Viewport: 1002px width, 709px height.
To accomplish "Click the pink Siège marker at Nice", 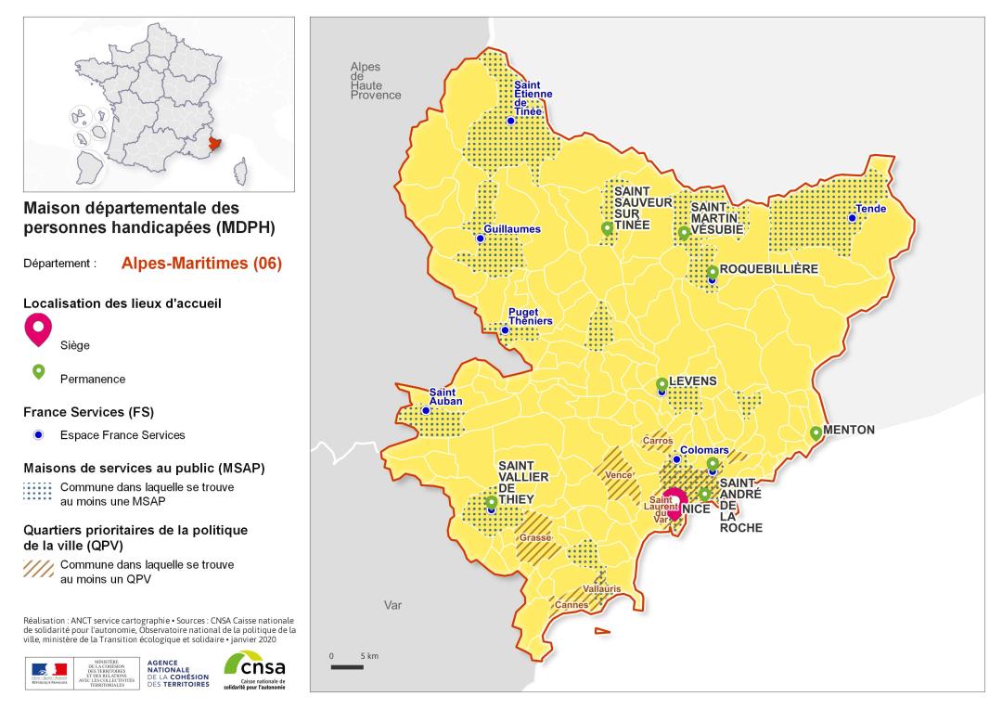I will [x=674, y=502].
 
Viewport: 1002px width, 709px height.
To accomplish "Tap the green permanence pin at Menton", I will [x=816, y=432].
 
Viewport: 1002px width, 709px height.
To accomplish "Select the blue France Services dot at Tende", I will [x=851, y=218].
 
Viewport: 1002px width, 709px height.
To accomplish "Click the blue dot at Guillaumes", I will [x=480, y=238].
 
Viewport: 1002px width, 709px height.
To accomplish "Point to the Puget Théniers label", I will [x=531, y=316].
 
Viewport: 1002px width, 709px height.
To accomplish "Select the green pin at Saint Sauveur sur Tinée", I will [x=607, y=228].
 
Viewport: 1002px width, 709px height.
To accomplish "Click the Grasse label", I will [x=534, y=537].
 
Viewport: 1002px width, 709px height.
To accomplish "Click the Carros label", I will [x=657, y=441].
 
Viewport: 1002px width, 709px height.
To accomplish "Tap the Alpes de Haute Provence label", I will [x=375, y=81].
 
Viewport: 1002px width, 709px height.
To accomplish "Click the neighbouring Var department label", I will [x=392, y=605].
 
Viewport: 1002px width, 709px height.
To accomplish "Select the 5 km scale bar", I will [x=347, y=666].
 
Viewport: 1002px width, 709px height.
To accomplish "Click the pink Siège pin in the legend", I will [x=38, y=329].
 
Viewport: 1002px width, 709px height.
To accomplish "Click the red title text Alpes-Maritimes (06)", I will [x=201, y=263].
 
